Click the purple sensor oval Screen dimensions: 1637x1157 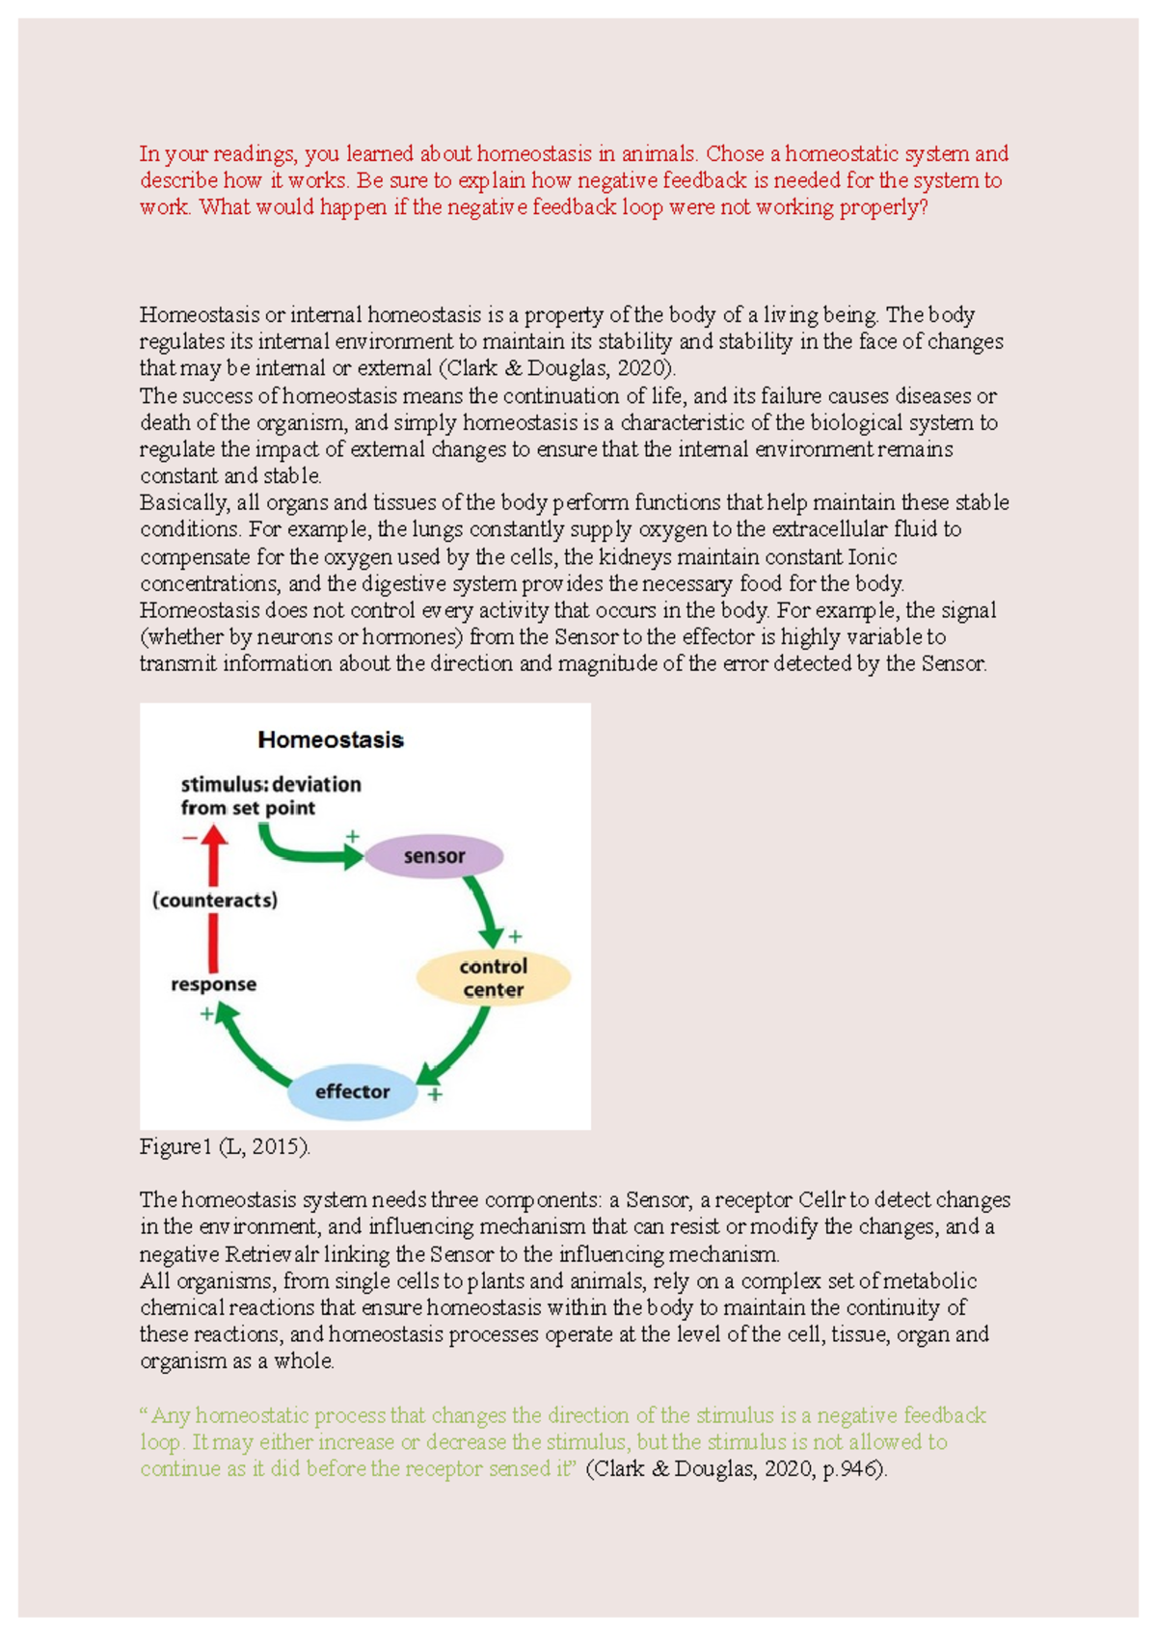coord(434,856)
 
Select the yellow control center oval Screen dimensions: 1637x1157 coord(493,978)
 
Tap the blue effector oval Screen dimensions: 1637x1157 coord(353,1091)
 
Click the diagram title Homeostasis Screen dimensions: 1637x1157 coord(330,740)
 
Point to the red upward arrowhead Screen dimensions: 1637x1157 coord(214,838)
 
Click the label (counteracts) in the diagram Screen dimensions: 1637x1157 coord(214,900)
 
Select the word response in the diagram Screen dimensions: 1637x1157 coord(213,984)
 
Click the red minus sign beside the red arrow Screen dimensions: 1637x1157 coord(189,838)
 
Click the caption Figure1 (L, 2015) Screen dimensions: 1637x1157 coord(225,1147)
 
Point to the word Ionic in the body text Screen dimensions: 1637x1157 coord(872,556)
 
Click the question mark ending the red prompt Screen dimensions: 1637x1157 coord(923,207)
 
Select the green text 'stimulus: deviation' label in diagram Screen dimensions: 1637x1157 coord(271,785)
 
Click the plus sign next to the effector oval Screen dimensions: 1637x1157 coord(435,1095)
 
